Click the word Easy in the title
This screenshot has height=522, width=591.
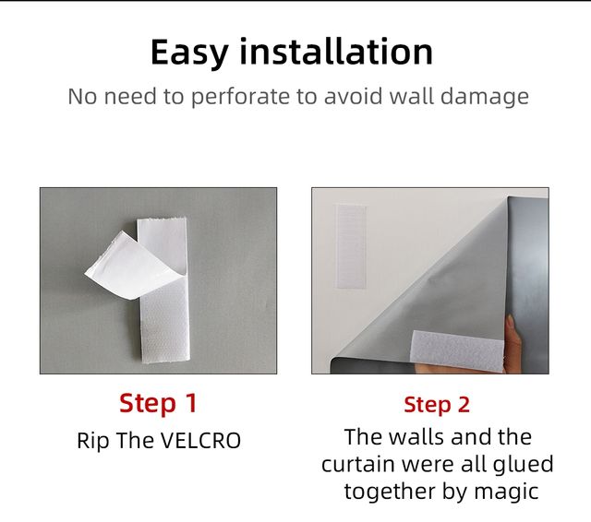[x=189, y=53]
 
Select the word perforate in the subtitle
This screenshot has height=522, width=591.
[x=240, y=97]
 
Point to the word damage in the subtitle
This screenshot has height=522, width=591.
[x=484, y=97]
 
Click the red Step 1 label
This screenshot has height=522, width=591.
[x=158, y=403]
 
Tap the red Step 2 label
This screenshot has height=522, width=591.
[x=437, y=405]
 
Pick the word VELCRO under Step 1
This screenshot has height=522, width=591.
[x=200, y=441]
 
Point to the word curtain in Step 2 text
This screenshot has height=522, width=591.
[x=358, y=465]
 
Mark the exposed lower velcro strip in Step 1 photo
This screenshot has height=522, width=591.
[x=164, y=321]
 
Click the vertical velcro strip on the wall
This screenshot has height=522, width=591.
[x=351, y=246]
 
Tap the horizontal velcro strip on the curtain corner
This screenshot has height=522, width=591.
[x=457, y=351]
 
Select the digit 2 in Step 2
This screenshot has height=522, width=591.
[x=464, y=405]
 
